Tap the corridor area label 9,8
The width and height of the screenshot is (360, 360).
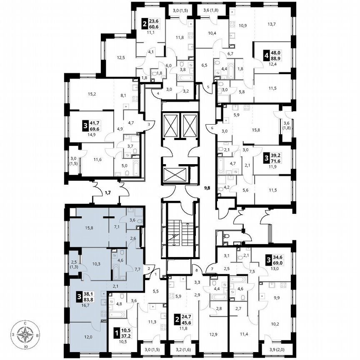(207, 188)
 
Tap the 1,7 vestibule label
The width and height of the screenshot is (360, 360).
(107, 192)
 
